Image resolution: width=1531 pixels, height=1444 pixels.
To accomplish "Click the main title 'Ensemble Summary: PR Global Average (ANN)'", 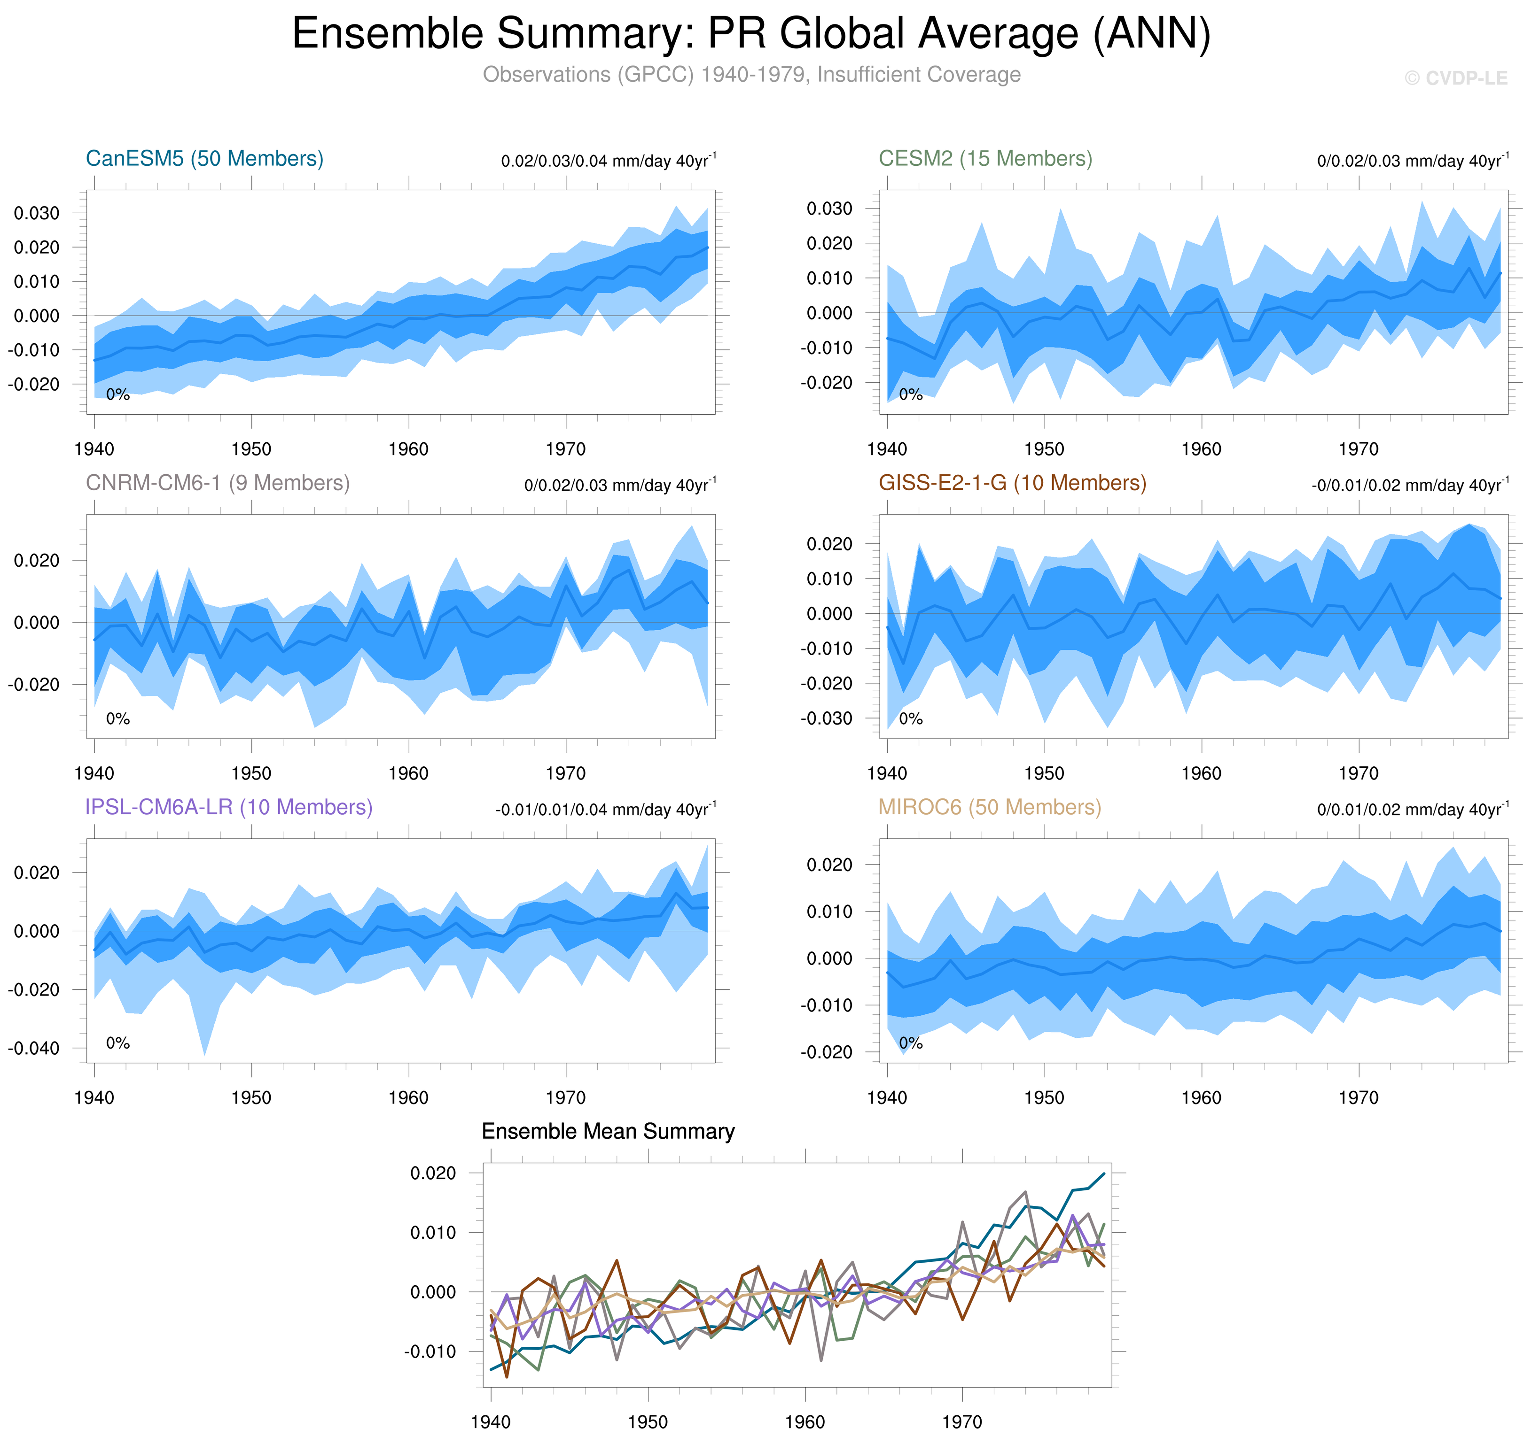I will tap(751, 34).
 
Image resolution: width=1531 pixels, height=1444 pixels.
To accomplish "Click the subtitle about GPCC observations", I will tap(751, 75).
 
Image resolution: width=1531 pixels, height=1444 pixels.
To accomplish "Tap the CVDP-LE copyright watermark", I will tap(1455, 78).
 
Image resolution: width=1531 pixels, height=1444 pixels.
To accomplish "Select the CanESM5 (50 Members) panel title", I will tap(204, 159).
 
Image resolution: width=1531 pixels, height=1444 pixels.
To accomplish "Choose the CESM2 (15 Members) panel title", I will tap(985, 159).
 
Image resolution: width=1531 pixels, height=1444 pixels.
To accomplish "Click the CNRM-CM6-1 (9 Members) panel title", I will tap(217, 483).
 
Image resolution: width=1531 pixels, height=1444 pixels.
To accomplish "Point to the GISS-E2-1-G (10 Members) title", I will tap(1012, 483).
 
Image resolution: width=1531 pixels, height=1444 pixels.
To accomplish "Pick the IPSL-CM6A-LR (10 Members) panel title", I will tap(229, 807).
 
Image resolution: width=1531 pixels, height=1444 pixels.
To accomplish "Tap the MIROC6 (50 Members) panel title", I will tap(990, 807).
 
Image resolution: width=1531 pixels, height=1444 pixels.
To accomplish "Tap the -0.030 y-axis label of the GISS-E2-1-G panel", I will tap(826, 719).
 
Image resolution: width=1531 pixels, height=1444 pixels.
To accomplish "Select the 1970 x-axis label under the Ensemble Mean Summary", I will tap(962, 1421).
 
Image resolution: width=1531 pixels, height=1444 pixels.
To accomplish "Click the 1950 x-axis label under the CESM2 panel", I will tap(1044, 449).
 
